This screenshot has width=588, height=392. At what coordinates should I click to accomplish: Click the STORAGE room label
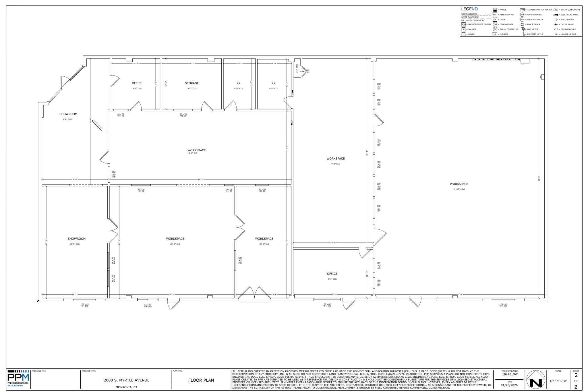[192, 83]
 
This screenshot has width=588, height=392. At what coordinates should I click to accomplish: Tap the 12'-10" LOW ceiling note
[459, 189]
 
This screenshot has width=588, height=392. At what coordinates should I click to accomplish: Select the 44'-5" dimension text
[200, 179]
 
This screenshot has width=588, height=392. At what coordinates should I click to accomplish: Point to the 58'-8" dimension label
[539, 178]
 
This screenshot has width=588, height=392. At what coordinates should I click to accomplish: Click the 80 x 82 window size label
[327, 304]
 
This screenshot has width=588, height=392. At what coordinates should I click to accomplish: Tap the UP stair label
[307, 70]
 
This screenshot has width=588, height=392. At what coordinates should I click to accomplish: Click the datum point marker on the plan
[38, 301]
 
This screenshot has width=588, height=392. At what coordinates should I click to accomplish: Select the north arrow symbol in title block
[536, 379]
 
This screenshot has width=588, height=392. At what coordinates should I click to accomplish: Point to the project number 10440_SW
[510, 374]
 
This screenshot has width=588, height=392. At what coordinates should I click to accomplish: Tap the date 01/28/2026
[510, 385]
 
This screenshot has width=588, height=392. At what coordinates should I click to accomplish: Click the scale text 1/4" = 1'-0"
[558, 381]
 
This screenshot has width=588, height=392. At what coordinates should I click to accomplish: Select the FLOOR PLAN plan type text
[201, 380]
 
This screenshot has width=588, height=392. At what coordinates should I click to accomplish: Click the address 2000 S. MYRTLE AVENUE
[127, 380]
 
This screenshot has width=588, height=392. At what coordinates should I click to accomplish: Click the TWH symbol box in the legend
[522, 10]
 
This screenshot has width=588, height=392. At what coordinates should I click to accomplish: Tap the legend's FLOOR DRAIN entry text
[533, 24]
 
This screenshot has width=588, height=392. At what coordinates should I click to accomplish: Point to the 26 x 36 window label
[229, 190]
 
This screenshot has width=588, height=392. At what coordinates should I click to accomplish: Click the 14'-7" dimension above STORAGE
[192, 63]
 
